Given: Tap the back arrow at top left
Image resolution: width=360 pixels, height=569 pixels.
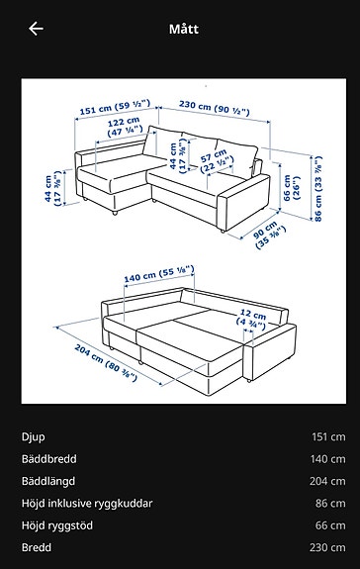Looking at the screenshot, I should tap(36, 29).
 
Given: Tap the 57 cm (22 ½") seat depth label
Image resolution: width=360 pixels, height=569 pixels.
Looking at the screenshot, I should tap(211, 161).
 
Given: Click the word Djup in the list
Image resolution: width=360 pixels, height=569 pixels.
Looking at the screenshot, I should tap(33, 436).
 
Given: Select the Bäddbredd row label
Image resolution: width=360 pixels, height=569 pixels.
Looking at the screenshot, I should tap(48, 459).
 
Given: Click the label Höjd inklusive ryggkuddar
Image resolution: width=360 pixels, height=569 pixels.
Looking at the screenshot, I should tap(87, 503).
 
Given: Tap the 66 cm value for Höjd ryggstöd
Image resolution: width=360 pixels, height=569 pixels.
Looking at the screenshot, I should tap(328, 525).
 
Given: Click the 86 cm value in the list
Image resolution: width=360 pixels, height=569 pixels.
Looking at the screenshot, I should tap(328, 503).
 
